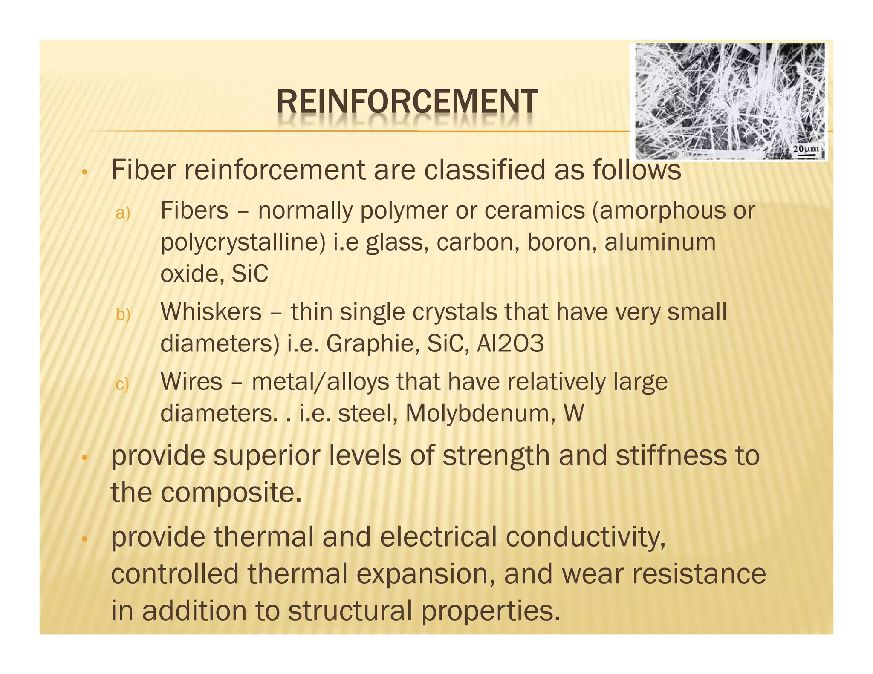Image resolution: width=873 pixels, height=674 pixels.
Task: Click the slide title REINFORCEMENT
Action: coord(407,102)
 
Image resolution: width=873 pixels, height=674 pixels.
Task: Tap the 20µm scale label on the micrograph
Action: coord(806,149)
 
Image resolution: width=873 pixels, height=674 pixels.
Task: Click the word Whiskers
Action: coord(211,312)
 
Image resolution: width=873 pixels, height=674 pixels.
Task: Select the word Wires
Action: coord(191,381)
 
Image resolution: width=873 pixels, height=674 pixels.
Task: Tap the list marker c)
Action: coord(122,384)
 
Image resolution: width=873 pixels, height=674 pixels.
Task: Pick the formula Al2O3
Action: coord(510,344)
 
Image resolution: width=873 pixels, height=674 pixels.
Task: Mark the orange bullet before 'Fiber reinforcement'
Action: coord(85,172)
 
